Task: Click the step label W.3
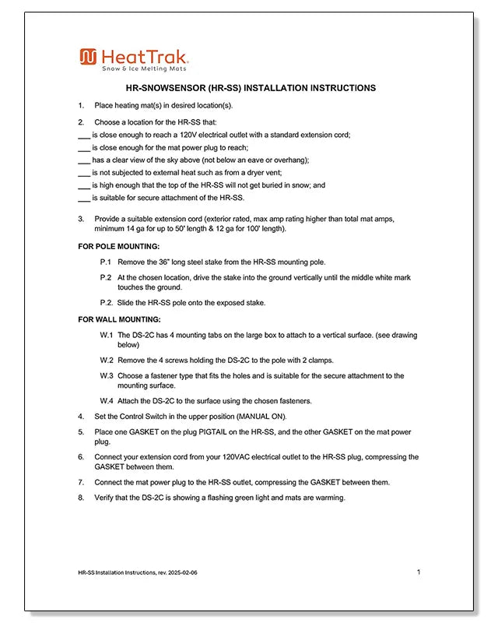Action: pos(107,375)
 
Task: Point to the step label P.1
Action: pos(107,262)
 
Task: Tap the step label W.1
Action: pos(107,335)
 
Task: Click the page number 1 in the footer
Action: pos(419,572)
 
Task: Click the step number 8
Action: pos(81,498)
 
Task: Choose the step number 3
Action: pos(81,220)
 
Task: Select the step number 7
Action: pos(81,482)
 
